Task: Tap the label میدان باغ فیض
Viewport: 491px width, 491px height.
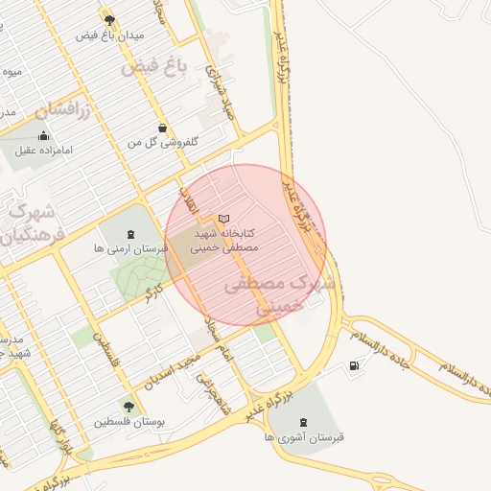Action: (x=110, y=35)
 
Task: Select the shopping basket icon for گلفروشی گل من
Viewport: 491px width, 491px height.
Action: (x=162, y=128)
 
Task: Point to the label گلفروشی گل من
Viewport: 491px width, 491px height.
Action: (x=163, y=142)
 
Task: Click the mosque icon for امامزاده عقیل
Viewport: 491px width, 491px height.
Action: (x=44, y=136)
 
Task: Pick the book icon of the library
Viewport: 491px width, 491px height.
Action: (x=224, y=219)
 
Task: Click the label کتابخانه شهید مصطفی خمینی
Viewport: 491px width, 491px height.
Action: (x=224, y=240)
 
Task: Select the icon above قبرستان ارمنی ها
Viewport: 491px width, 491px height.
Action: (x=130, y=233)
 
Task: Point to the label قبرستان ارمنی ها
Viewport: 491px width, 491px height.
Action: (x=129, y=247)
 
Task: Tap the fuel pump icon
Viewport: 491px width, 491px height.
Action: (x=357, y=364)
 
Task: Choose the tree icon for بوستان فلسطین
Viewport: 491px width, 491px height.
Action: (x=129, y=407)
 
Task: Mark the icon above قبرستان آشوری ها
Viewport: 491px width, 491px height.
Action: (x=305, y=422)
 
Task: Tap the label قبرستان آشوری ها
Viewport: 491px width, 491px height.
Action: (x=306, y=436)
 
